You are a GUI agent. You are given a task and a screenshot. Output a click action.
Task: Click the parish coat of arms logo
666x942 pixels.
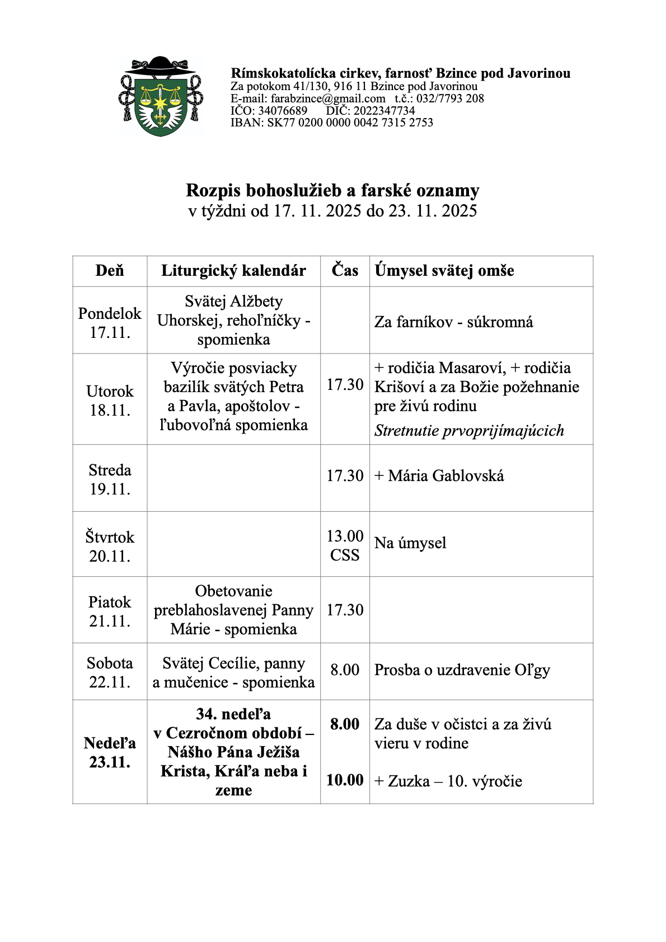[161, 97]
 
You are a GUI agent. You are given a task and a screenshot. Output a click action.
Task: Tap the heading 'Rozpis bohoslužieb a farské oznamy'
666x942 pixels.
[332, 191]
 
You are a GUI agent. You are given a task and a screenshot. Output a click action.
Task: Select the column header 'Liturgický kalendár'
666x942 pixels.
[233, 271]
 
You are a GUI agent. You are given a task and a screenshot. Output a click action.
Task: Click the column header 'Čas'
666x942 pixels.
[345, 271]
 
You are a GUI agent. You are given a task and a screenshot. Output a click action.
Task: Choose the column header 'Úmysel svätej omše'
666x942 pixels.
[444, 271]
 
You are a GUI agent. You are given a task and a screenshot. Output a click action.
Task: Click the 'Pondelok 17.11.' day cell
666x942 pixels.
[110, 323]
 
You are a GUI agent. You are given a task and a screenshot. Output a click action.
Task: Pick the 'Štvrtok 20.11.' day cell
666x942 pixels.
[110, 547]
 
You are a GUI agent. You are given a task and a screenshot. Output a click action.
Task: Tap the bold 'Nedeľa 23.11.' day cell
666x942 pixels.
[110, 752]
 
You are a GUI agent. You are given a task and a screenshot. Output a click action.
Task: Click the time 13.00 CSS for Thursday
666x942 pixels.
[345, 545]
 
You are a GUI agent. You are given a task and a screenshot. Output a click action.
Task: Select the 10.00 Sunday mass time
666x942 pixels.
[345, 780]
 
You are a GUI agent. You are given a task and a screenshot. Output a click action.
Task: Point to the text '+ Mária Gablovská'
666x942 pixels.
[439, 476]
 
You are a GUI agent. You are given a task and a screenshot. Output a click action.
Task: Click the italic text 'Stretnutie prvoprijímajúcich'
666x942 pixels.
[469, 431]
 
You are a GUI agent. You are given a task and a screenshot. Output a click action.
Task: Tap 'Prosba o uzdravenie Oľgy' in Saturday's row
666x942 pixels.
[462, 670]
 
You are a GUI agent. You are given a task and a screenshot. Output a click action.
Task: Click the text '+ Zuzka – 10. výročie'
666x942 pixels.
[448, 781]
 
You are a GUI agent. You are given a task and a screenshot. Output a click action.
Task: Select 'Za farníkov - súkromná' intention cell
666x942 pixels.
[454, 322]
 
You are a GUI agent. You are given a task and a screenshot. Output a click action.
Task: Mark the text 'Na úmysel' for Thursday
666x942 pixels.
[410, 543]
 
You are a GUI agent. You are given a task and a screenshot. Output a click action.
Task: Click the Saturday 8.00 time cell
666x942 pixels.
[345, 670]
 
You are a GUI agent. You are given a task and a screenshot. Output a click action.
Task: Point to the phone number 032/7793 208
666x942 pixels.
[450, 99]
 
